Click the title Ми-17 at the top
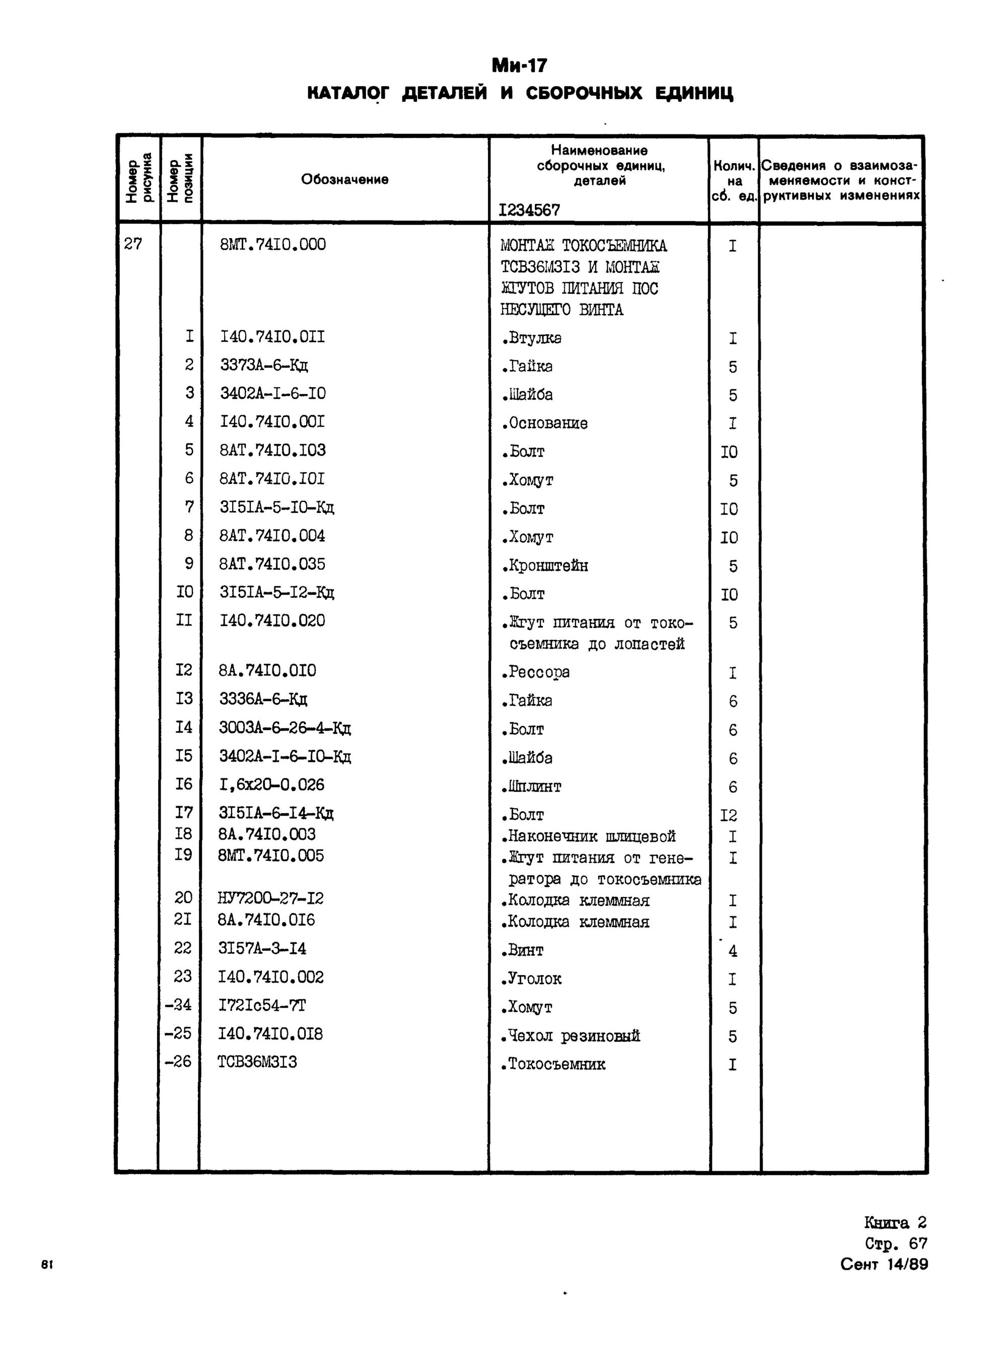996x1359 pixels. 519,65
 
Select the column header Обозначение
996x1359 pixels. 344,179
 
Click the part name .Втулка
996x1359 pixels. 531,338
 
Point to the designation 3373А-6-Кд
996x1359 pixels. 264,366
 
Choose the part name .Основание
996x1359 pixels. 544,423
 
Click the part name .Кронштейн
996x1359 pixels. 544,565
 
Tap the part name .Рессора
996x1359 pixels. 535,672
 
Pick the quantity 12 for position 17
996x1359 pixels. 729,815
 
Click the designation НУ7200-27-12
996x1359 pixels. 271,898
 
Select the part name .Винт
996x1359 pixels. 522,950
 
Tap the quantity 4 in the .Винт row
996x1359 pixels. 733,951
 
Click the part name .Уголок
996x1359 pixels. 531,978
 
